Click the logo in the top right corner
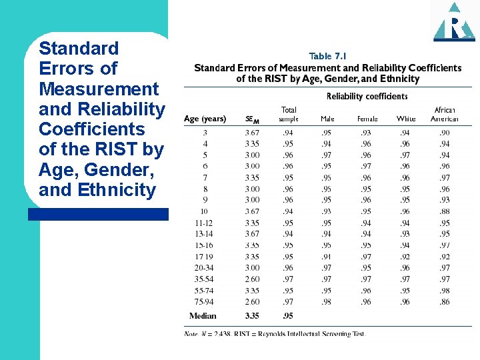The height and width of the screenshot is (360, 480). coord(454,22)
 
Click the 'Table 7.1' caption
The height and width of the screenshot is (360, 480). coord(328,57)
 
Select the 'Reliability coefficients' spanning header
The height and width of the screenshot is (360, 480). coord(367,97)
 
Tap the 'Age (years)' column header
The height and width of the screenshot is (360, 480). coord(205,119)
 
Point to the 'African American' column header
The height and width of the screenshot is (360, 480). coord(445,115)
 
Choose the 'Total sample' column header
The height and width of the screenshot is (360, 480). coord(289,115)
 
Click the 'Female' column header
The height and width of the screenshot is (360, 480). coord(367,119)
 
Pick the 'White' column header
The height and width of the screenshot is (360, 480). coord(406,119)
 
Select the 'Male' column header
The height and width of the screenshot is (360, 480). coord(327,119)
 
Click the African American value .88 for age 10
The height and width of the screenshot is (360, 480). coord(445,212)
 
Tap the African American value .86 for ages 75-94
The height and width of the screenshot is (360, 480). coord(445,302)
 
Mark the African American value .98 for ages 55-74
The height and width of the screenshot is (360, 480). coord(445,291)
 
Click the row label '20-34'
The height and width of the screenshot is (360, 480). coord(205,268)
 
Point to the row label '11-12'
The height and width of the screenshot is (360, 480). coord(205,223)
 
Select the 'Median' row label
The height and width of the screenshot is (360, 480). coord(203,316)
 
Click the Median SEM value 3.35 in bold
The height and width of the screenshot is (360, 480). coord(252,316)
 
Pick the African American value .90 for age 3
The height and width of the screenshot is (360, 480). coord(445,133)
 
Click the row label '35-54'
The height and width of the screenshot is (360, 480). coord(205,279)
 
